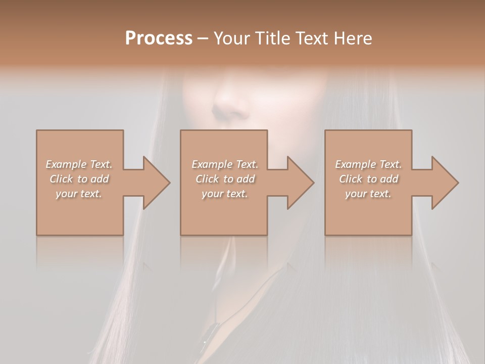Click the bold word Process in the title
pyautogui.click(x=159, y=38)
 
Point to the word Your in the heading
pyautogui.click(x=232, y=38)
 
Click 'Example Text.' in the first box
pyautogui.click(x=79, y=164)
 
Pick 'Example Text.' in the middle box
pyautogui.click(x=225, y=164)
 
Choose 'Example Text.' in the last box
pyautogui.click(x=368, y=164)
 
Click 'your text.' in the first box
pyautogui.click(x=79, y=194)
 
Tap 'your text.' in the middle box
pyautogui.click(x=225, y=194)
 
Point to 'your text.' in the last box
pyautogui.click(x=368, y=194)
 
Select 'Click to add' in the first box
pyautogui.click(x=79, y=179)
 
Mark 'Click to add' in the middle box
pyautogui.click(x=225, y=179)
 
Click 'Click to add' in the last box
pyautogui.click(x=368, y=179)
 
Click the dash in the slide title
pyautogui.click(x=203, y=38)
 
